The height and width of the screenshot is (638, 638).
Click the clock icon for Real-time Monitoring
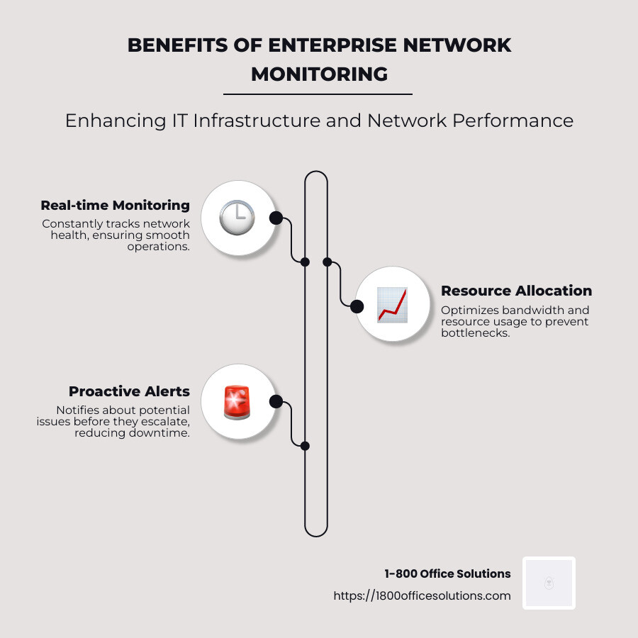pyautogui.click(x=237, y=218)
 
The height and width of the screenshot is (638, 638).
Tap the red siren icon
pyautogui.click(x=237, y=402)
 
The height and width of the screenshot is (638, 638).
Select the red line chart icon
pyautogui.click(x=392, y=305)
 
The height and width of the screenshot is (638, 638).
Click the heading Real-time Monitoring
pyautogui.click(x=115, y=206)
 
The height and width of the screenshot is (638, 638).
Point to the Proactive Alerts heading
pyautogui.click(x=129, y=391)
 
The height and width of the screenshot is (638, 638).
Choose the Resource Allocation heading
pyautogui.click(x=516, y=291)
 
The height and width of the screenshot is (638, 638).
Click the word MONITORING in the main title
pyautogui.click(x=319, y=74)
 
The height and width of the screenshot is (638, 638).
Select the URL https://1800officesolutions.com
pyautogui.click(x=422, y=595)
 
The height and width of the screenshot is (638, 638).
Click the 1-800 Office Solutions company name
pyautogui.click(x=447, y=573)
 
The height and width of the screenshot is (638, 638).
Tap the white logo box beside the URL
pyautogui.click(x=549, y=583)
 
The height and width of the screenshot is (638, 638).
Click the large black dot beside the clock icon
pyautogui.click(x=276, y=218)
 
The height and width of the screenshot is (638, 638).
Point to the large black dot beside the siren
pyautogui.click(x=276, y=402)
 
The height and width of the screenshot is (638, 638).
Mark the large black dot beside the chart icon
pyautogui.click(x=357, y=306)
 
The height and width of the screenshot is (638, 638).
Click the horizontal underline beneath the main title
pyautogui.click(x=318, y=94)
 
